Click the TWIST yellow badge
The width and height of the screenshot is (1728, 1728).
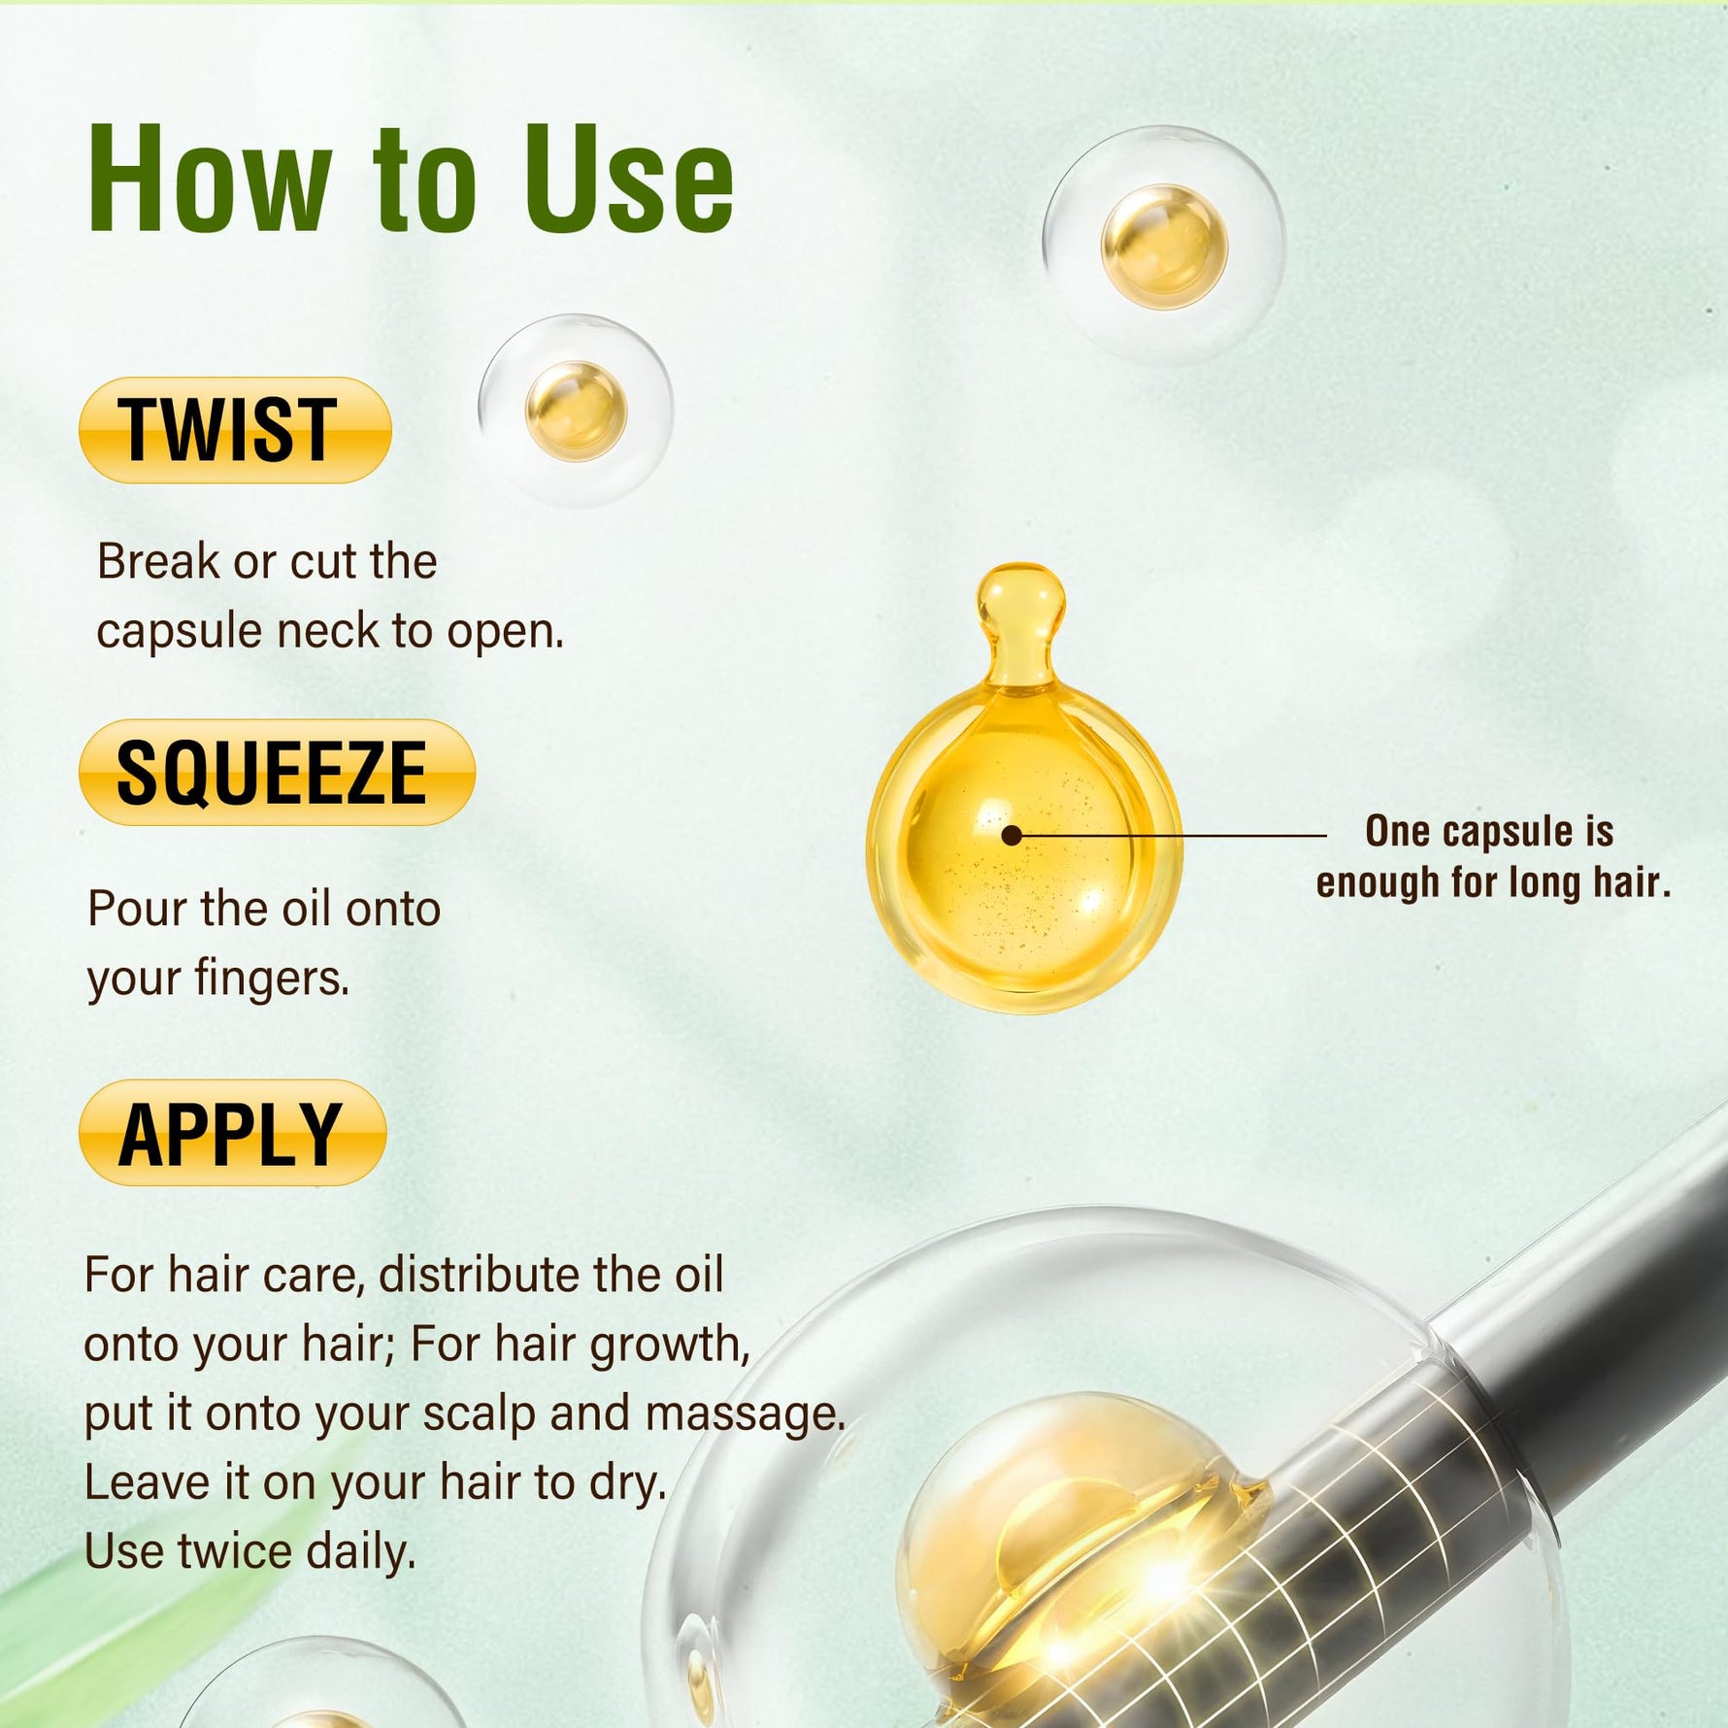234,430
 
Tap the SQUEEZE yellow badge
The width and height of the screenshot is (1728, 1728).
276,773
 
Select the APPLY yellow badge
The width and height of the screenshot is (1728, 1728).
232,1133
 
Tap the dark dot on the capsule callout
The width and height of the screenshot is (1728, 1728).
1012,835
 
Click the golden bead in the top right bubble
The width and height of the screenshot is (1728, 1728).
1163,246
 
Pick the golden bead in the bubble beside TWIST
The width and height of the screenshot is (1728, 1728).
576,411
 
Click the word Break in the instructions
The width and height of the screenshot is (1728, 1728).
158,562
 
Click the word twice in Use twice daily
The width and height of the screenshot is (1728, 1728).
237,1551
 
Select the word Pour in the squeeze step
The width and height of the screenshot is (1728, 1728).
137,910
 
